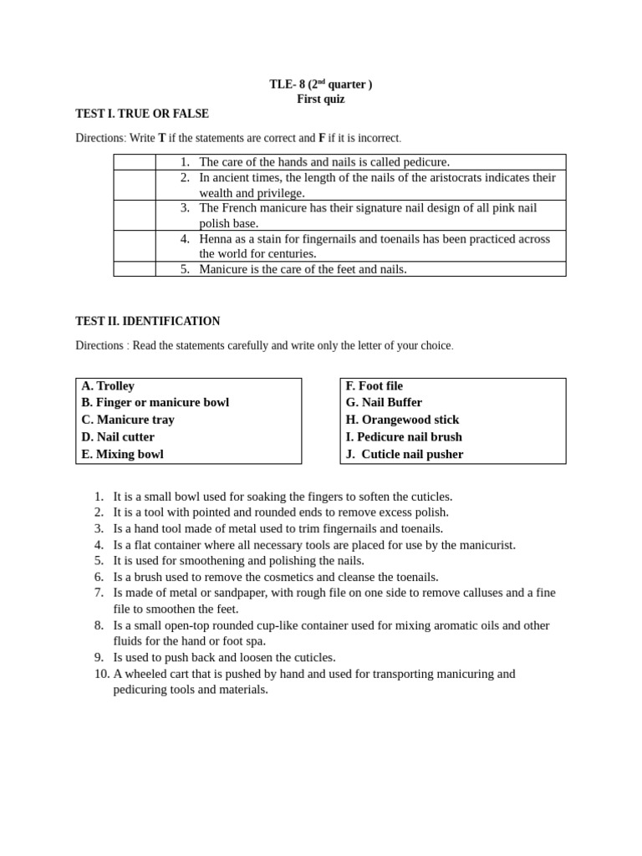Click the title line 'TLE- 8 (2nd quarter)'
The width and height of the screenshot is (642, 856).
pyautogui.click(x=320, y=84)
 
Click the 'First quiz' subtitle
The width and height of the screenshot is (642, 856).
pyautogui.click(x=320, y=99)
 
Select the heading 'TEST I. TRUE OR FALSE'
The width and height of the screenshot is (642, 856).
pyautogui.click(x=142, y=114)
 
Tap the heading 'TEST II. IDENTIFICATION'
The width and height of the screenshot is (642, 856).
pyautogui.click(x=148, y=321)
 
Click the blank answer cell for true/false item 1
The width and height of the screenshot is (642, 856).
pyautogui.click(x=135, y=162)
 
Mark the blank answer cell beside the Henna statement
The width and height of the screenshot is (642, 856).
pyautogui.click(x=135, y=246)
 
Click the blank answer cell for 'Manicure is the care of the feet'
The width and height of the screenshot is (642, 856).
pyautogui.click(x=135, y=269)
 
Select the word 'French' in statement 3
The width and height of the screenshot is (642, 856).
pyautogui.click(x=240, y=208)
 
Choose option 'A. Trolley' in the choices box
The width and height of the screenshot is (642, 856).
pyautogui.click(x=108, y=386)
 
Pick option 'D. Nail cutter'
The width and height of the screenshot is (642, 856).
pyautogui.click(x=118, y=437)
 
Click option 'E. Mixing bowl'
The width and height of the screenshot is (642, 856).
pyautogui.click(x=122, y=455)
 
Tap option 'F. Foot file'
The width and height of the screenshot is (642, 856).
pyautogui.click(x=374, y=386)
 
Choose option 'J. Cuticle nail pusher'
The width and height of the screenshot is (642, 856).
pyautogui.click(x=405, y=455)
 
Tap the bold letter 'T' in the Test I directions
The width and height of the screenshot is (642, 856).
pyautogui.click(x=162, y=138)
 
